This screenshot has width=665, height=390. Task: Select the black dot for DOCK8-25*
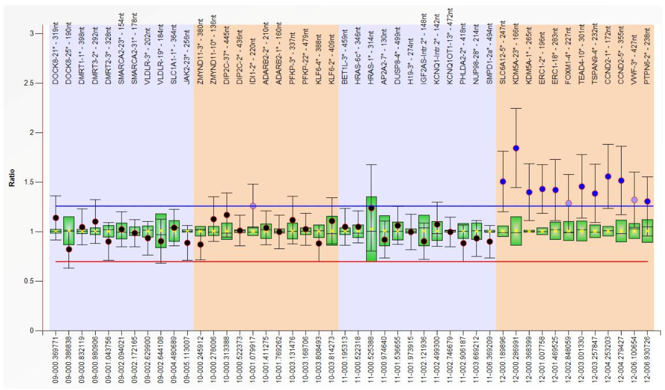tap(69, 249)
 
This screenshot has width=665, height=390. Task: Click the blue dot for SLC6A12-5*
tap(503, 181)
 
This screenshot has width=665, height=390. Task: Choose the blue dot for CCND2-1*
tap(608, 177)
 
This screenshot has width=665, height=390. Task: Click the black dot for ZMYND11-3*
tap(201, 244)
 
